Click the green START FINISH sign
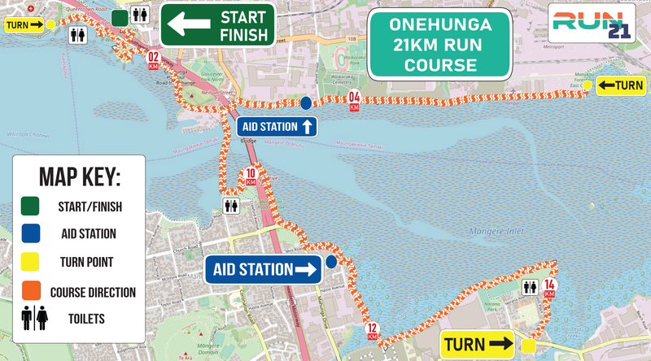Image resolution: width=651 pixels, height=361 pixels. (x=217, y=25)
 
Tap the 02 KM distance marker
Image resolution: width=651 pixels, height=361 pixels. (x=152, y=59)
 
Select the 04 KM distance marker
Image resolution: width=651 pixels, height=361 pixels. (x=354, y=102)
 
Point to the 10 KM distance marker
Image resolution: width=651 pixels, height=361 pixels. (x=251, y=175)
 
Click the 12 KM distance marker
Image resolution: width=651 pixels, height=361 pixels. (x=372, y=332)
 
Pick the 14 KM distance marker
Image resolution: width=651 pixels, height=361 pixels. (x=549, y=287)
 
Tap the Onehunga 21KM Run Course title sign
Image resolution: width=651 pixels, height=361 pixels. (x=440, y=44)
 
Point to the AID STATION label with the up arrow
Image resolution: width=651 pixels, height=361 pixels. (x=276, y=127)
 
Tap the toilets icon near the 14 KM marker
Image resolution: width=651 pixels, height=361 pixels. (x=531, y=287)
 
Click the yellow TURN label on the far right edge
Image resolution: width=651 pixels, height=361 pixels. (x=621, y=85)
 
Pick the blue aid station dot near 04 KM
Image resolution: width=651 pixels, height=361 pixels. (x=306, y=102)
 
